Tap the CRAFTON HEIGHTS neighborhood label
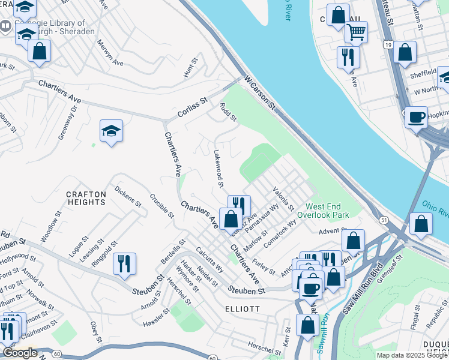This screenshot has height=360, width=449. coord(86,198)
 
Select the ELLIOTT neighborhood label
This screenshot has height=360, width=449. coord(242,309)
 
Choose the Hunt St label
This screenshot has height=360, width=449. coord(190,69)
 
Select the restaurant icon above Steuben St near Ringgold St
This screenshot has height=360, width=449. coord(124,262)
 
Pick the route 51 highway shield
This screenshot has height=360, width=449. coord(383,220)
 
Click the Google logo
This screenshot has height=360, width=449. coord(20,353)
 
